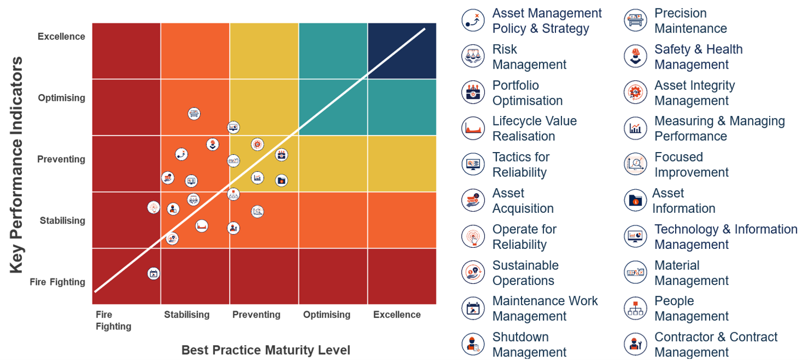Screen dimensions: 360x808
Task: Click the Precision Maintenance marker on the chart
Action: [194, 113]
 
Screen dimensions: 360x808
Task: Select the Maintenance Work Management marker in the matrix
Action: [153, 274]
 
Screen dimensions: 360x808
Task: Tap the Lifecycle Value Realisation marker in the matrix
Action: [201, 226]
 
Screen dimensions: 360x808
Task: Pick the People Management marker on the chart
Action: [233, 194]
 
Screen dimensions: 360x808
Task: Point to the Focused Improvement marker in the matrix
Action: [257, 211]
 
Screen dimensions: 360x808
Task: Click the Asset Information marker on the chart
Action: [282, 180]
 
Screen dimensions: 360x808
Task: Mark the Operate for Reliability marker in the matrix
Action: [154, 207]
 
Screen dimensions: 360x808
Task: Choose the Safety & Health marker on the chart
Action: [213, 144]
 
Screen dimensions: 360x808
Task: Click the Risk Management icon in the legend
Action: [473, 56]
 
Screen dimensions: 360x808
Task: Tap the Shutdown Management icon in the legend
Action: [473, 344]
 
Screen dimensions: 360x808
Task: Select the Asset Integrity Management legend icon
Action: [635, 93]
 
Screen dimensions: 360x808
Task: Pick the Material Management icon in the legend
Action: [635, 272]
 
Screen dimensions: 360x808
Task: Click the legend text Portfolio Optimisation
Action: [527, 93]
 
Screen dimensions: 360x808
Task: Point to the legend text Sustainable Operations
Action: [525, 273]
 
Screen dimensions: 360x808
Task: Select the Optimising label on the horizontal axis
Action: [326, 314]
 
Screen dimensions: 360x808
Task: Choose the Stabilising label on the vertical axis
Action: [62, 220]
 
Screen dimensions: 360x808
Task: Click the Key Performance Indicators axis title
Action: [17, 165]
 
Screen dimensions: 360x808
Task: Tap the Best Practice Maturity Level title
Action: [265, 350]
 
